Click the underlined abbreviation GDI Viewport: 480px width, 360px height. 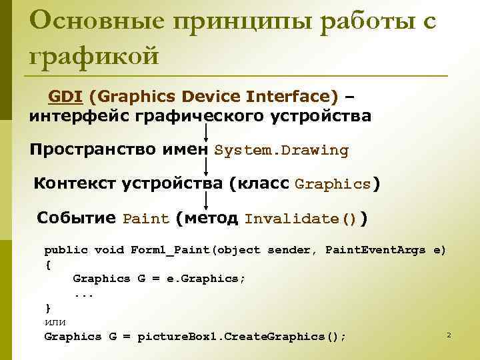[x=65, y=97]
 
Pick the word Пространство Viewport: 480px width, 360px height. [x=94, y=149]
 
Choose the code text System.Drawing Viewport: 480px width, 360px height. [x=281, y=151]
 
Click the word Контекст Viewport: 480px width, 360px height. [x=75, y=183]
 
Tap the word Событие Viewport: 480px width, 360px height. [x=77, y=218]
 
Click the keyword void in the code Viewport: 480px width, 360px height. [x=109, y=250]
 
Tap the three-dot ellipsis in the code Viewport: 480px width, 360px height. [x=83, y=293]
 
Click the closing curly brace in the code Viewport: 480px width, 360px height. [x=47, y=307]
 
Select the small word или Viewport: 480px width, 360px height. [x=55, y=322]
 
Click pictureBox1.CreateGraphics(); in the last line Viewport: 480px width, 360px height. [x=242, y=337]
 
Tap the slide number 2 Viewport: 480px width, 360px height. [x=449, y=334]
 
